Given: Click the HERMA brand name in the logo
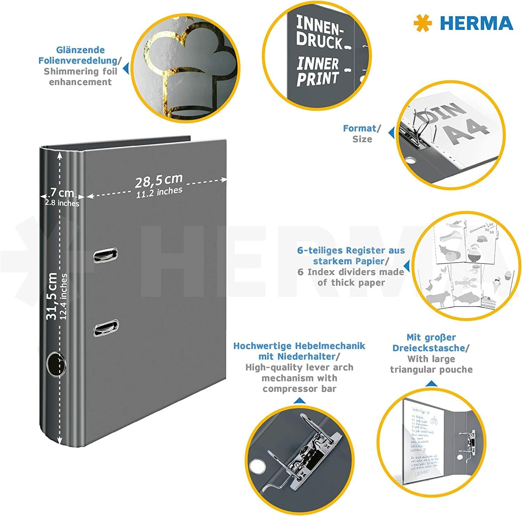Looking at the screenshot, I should pyautogui.click(x=476, y=23).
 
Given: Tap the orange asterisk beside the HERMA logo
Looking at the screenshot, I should pyautogui.click(x=423, y=24).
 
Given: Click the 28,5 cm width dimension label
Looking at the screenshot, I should pyautogui.click(x=158, y=181).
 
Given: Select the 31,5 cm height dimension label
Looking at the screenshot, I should pyautogui.click(x=52, y=296).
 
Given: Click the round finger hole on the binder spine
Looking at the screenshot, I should pyautogui.click(x=56, y=364).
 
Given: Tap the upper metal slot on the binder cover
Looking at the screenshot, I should pyautogui.click(x=105, y=255).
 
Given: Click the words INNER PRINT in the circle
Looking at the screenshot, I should pyautogui.click(x=317, y=72).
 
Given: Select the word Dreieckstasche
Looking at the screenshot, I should pyautogui.click(x=429, y=348).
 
